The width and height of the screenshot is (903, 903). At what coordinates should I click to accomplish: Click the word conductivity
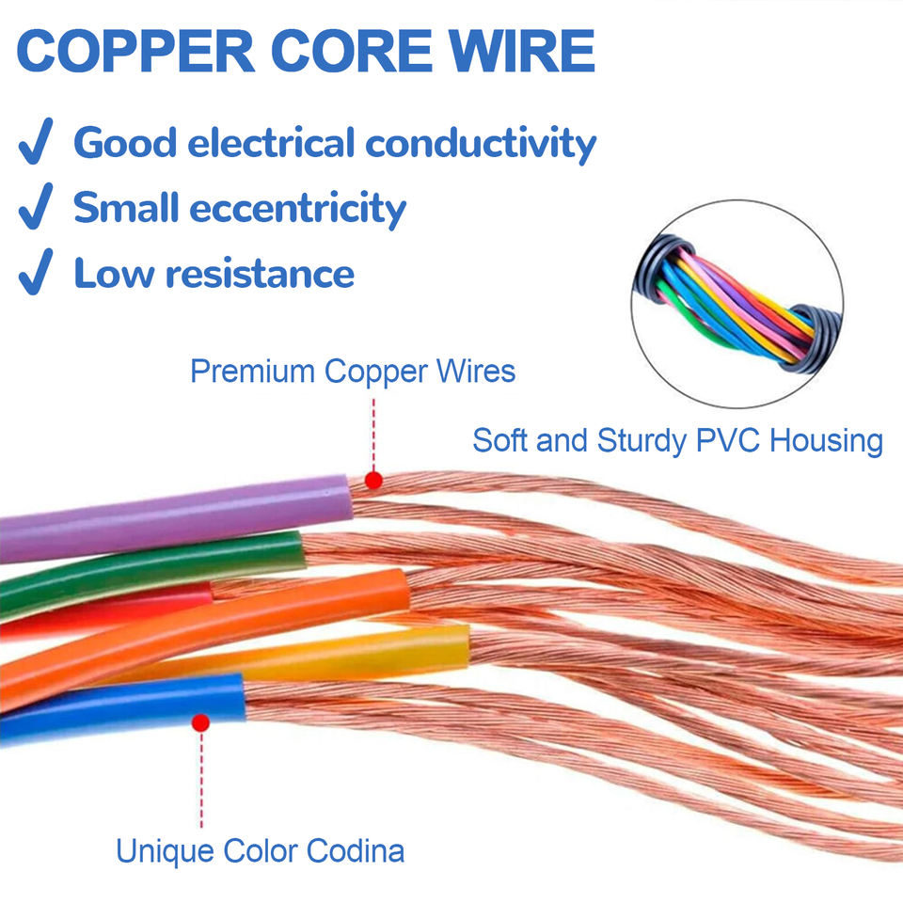[481, 143]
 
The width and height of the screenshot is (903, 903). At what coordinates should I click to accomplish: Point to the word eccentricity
[298, 209]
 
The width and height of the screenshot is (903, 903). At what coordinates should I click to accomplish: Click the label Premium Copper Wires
[353, 371]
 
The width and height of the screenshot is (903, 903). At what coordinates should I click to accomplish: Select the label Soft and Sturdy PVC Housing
[677, 440]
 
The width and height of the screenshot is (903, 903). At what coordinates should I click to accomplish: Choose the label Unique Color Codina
[260, 851]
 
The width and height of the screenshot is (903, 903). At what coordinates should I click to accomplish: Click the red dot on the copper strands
[373, 481]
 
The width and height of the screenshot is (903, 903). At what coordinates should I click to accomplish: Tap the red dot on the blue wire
[200, 722]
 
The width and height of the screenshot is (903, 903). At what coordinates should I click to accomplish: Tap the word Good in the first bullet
[124, 143]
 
